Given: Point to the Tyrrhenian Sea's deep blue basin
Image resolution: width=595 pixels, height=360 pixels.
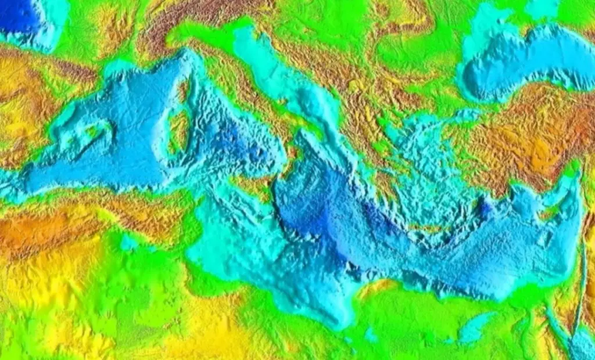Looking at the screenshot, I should [x=232, y=139].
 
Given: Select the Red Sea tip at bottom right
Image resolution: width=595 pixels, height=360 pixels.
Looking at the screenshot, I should [x=581, y=343].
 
